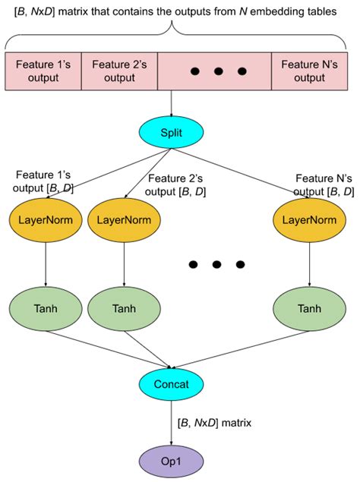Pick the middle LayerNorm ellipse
click(x=122, y=219)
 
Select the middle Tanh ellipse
click(x=122, y=309)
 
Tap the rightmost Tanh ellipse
click(x=308, y=309)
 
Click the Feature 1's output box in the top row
click(x=43, y=71)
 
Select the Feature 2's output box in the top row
click(x=118, y=71)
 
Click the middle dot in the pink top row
click(x=218, y=71)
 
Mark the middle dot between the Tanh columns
click(x=217, y=264)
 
